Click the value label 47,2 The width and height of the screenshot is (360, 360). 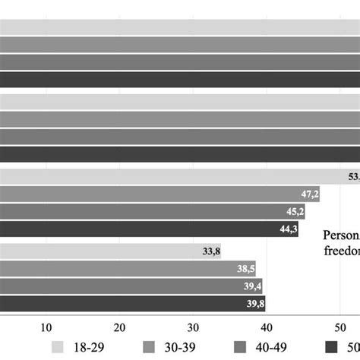tap(309, 194)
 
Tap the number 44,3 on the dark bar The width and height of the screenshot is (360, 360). tap(288, 229)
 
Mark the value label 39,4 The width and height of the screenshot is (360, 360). tap(251, 286)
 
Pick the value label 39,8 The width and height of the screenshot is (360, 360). tap(254, 304)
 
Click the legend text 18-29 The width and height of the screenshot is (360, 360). tap(90, 347)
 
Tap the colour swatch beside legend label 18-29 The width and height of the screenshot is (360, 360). tap(57, 347)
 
